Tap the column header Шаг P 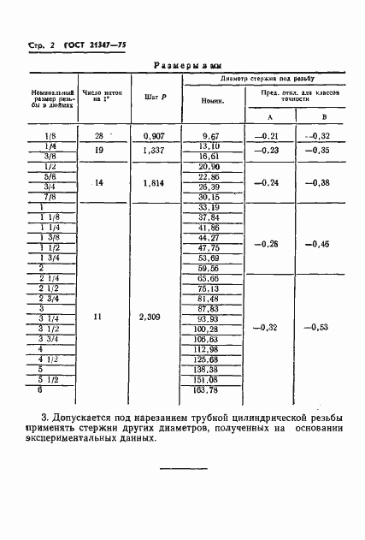pos(155,97)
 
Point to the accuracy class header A pos(270,116)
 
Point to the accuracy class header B pos(323,116)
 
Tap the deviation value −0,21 pos(270,136)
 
